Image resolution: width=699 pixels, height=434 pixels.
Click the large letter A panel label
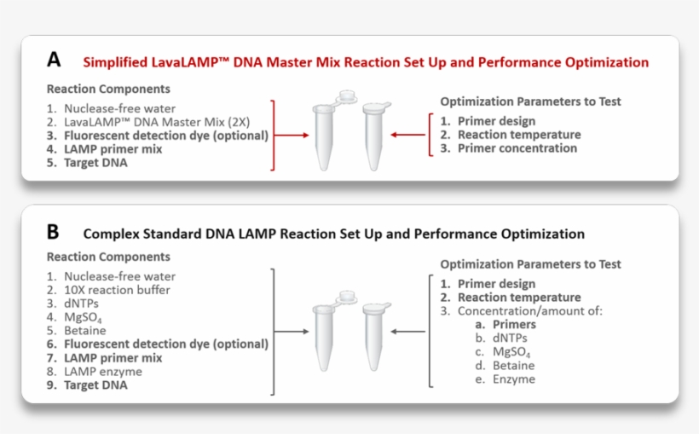point(54,61)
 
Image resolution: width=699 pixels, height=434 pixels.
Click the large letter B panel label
point(54,232)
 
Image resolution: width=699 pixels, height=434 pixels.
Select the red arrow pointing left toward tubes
point(408,135)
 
